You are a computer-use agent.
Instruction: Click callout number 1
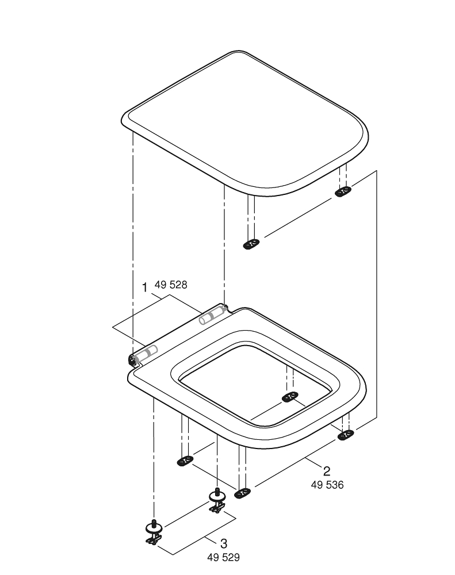click(x=144, y=288)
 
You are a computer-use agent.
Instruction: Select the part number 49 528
click(x=171, y=285)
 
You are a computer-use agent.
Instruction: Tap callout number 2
click(x=326, y=471)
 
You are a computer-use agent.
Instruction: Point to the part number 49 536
click(x=327, y=485)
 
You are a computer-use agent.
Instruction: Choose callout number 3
click(x=223, y=543)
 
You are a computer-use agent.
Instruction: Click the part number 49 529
click(x=223, y=557)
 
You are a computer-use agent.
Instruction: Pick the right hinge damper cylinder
click(x=212, y=315)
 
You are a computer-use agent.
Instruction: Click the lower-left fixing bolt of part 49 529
click(x=154, y=532)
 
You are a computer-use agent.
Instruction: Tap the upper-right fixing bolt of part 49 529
click(x=217, y=500)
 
